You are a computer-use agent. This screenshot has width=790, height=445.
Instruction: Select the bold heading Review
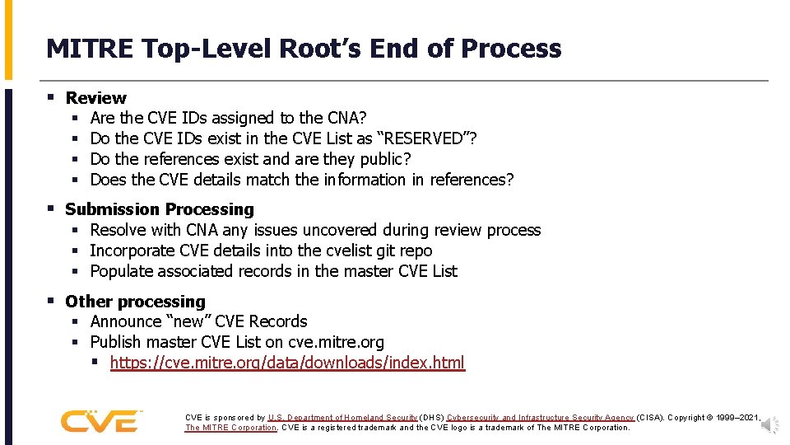pyautogui.click(x=95, y=98)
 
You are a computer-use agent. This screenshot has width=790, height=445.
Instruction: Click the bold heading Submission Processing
pyautogui.click(x=160, y=209)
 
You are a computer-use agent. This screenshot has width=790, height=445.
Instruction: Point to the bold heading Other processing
pyautogui.click(x=135, y=302)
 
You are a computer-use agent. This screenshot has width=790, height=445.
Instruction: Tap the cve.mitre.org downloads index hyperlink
pyautogui.click(x=287, y=363)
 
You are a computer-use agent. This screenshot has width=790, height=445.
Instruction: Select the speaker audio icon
pyautogui.click(x=769, y=424)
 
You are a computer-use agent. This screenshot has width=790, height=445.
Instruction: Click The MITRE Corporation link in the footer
pyautogui.click(x=231, y=428)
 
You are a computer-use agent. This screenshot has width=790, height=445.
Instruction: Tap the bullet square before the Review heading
pyautogui.click(x=51, y=98)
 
